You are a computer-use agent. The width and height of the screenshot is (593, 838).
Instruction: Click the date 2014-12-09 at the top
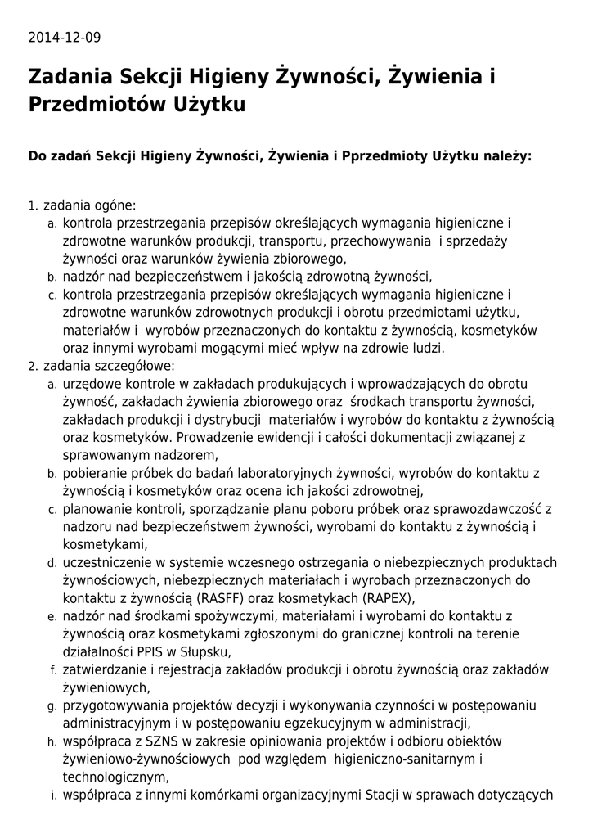pyautogui.click(x=65, y=38)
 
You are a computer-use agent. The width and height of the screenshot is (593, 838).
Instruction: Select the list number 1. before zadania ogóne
pyautogui.click(x=33, y=205)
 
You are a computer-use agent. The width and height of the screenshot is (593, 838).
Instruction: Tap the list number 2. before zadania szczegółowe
pyautogui.click(x=33, y=366)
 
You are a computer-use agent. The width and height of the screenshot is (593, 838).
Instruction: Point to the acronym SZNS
pyautogui.click(x=164, y=741)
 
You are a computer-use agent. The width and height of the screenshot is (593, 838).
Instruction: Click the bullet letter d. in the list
pyautogui.click(x=52, y=563)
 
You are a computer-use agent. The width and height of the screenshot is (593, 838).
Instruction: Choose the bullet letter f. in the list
pyautogui.click(x=52, y=670)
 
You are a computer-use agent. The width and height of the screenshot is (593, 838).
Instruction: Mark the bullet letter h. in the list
pyautogui.click(x=52, y=741)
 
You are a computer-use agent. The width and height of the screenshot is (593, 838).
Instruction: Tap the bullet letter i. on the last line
pyautogui.click(x=54, y=795)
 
